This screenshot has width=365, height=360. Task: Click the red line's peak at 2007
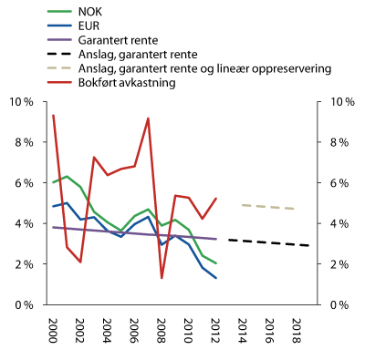[148, 118]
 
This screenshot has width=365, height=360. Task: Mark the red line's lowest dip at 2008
[162, 278]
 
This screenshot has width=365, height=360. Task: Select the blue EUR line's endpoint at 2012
[215, 278]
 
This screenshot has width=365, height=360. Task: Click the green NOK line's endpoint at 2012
[215, 263]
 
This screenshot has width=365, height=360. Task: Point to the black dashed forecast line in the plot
[269, 242]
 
